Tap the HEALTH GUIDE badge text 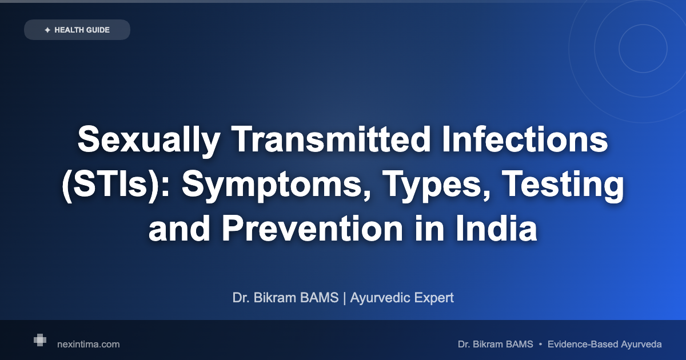pyautogui.click(x=82, y=30)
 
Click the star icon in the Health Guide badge pyautogui.click(x=47, y=30)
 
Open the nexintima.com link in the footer pyautogui.click(x=89, y=345)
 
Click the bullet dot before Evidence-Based pyautogui.click(x=541, y=345)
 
